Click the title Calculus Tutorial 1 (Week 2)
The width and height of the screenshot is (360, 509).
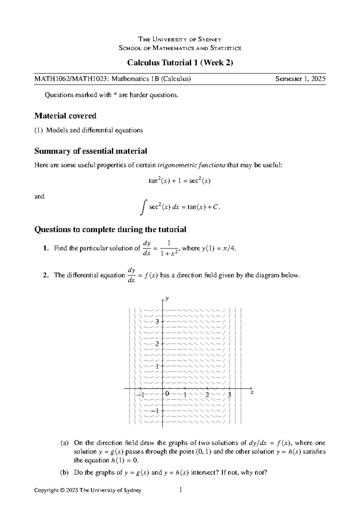180,63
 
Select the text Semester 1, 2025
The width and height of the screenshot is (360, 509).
300,79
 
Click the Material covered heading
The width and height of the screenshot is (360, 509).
65,116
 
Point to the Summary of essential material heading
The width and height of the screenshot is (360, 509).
91,151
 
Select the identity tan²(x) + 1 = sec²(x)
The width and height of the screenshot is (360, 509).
180,181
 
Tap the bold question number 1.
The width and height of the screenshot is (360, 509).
45,248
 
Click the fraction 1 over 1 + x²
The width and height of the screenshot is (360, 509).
169,248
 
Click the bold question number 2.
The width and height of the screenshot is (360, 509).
45,276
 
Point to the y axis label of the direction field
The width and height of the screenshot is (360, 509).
167,298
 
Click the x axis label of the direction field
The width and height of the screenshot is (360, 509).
252,392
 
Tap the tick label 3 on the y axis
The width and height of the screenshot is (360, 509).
157,322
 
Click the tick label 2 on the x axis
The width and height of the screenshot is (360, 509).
207,395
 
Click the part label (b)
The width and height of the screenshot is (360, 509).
64,473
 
